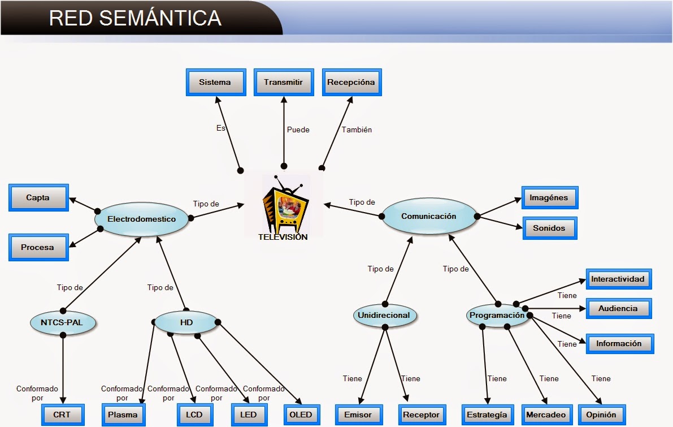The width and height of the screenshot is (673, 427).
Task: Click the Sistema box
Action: (x=215, y=83)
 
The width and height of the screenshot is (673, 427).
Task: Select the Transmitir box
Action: (x=283, y=83)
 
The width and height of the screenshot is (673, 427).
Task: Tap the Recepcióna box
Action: (x=351, y=83)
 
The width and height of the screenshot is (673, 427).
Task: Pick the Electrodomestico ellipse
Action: (x=141, y=219)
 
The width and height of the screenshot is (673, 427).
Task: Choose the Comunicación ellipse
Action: (x=428, y=216)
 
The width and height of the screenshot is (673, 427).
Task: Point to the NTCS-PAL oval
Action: (x=63, y=322)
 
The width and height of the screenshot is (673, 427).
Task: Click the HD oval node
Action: (x=186, y=322)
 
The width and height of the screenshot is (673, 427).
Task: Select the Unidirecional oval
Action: (x=384, y=316)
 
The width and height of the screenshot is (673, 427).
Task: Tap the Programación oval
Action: (x=497, y=316)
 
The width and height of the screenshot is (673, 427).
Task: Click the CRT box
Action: (x=62, y=415)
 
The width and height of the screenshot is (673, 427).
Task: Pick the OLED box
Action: (x=300, y=415)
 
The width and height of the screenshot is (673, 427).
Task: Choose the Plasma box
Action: (x=123, y=415)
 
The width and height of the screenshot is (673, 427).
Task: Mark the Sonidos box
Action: (x=549, y=228)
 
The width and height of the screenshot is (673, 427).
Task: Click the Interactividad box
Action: (x=618, y=279)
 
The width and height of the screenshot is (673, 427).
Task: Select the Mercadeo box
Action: (x=545, y=415)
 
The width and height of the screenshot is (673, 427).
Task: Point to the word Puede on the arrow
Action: (x=298, y=130)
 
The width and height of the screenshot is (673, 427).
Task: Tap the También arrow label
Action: (x=357, y=130)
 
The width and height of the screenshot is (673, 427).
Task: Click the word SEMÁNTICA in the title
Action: (x=160, y=18)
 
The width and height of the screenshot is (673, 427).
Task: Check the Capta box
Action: (x=38, y=198)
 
